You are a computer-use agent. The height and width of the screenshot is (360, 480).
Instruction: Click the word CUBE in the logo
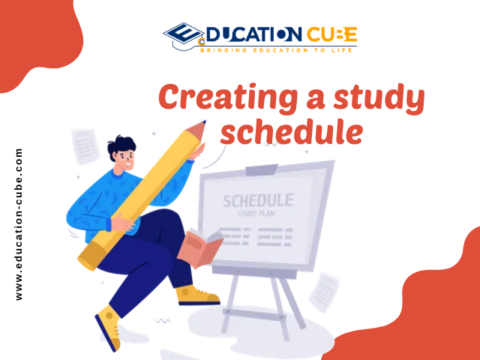pos(331,34)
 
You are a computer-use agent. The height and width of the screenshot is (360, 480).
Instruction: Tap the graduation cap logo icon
pos(184,35)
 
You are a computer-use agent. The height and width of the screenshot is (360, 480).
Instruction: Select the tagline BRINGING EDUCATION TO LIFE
pos(276,50)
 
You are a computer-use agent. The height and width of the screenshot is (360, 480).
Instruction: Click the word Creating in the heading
pos(228,97)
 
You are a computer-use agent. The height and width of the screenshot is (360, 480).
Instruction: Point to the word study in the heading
pos(379,98)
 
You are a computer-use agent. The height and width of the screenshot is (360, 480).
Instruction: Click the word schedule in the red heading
pos(292,132)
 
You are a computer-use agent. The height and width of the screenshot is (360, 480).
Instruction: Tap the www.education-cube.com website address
pos(19,224)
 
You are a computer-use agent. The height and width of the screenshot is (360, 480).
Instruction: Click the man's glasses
pos(127,157)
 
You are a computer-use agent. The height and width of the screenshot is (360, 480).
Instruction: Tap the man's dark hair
pos(121,145)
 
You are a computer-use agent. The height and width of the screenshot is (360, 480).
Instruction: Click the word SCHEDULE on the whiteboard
pos(258,201)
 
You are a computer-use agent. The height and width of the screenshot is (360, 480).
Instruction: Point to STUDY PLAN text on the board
pos(256,213)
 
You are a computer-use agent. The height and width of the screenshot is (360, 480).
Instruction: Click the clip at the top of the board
pos(262,170)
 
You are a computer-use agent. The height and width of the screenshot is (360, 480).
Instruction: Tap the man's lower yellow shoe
pos(108,328)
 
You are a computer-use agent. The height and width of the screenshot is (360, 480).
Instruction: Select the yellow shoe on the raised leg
pos(197,295)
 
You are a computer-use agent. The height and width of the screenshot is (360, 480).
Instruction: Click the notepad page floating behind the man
pos(85,146)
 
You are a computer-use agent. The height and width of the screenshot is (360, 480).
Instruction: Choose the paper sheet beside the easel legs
pos(324,292)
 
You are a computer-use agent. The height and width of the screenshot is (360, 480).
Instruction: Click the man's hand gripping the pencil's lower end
pos(122,223)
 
